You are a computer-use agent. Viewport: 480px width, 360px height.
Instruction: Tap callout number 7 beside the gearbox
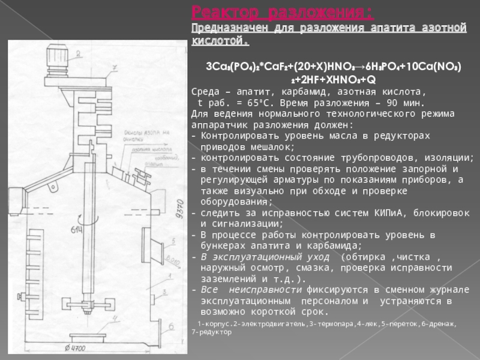point(113,68)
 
